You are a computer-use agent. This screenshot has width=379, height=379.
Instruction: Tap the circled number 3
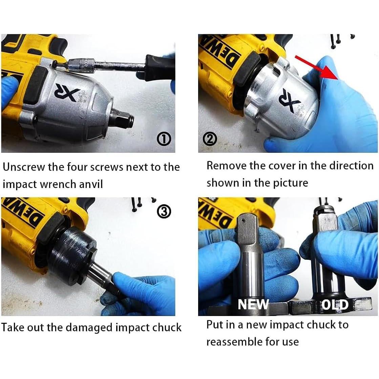coord(164,212)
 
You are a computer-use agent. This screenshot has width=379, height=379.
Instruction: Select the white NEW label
coord(253,304)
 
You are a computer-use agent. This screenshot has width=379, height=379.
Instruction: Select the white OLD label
coord(335,304)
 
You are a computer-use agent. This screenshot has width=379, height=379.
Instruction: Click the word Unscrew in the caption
coord(25,167)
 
